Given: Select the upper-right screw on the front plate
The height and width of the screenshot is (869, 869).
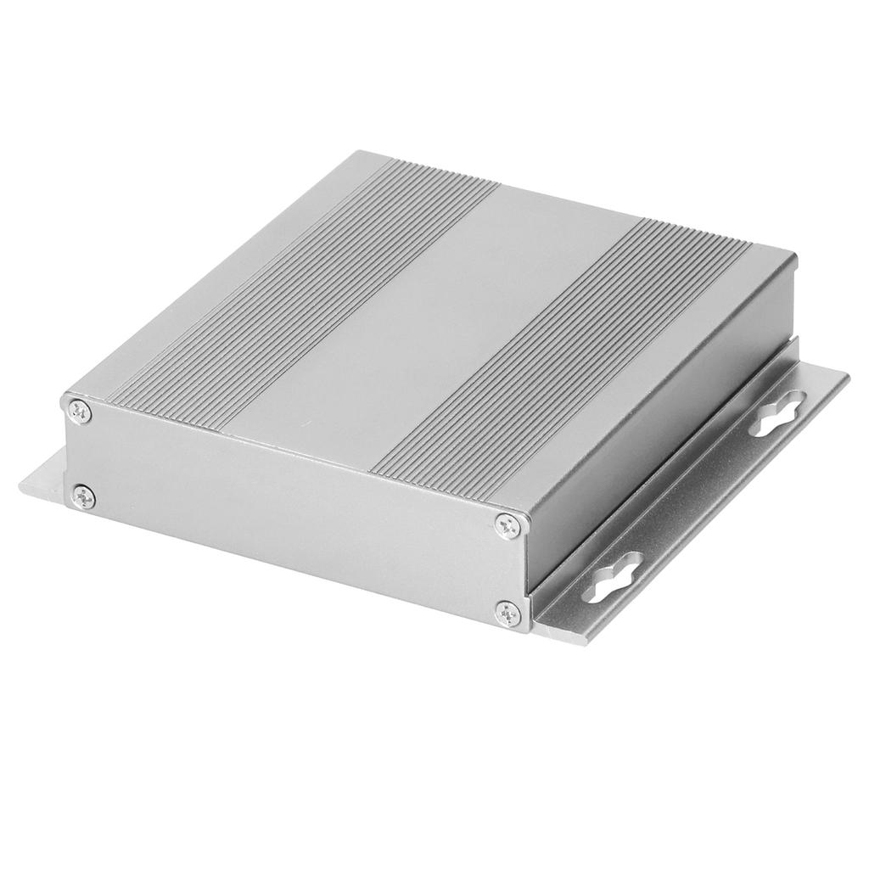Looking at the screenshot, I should [x=509, y=526].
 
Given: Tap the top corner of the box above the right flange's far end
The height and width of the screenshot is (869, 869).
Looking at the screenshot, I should [x=796, y=254].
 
